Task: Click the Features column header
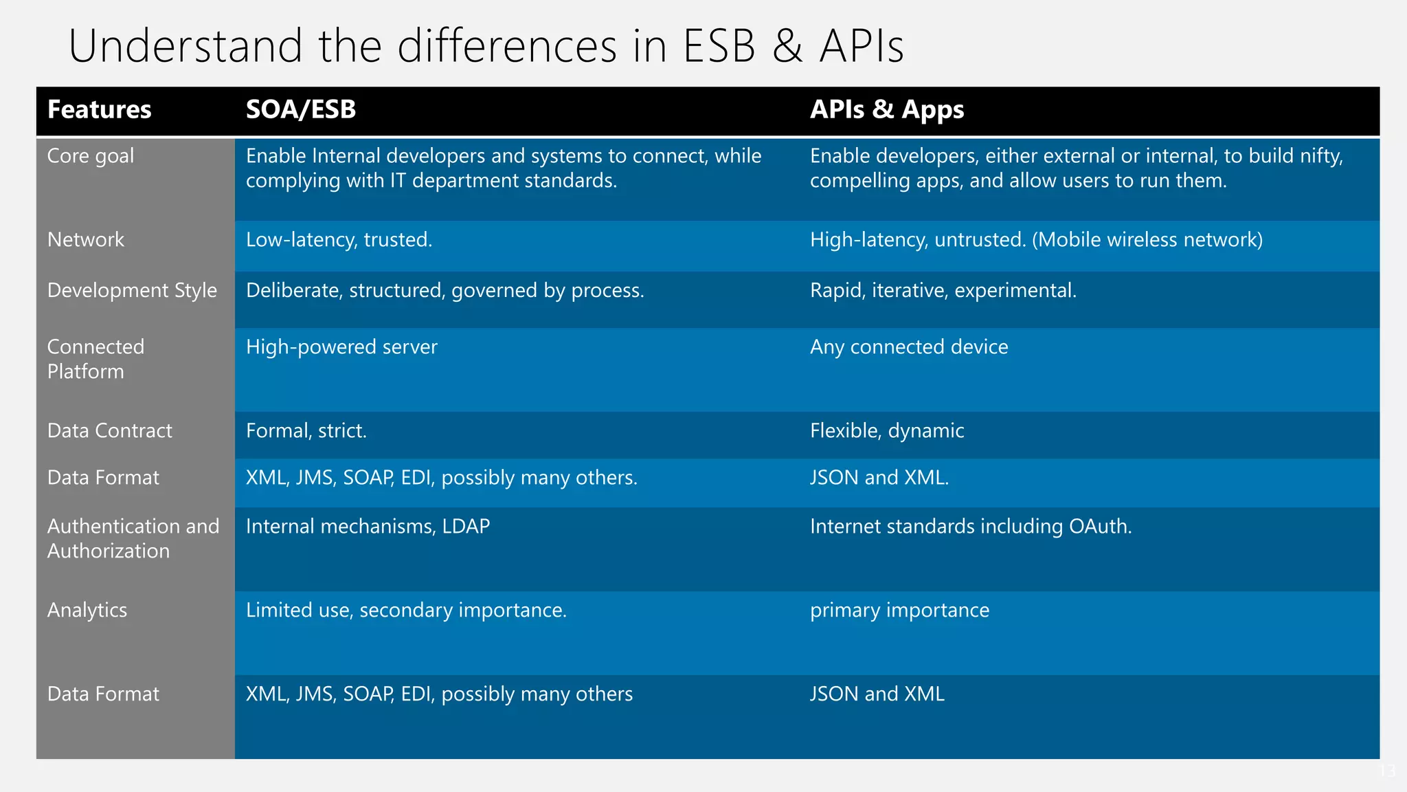tap(99, 110)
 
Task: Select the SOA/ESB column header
tap(301, 110)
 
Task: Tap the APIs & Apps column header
tap(886, 110)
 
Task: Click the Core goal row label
tap(91, 156)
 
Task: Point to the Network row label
tap(86, 240)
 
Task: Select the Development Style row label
tap(132, 291)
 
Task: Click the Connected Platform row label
tap(95, 359)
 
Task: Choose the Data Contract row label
tap(110, 431)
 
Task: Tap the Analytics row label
tap(87, 610)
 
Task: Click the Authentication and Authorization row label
tap(133, 538)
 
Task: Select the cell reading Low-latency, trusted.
tap(339, 240)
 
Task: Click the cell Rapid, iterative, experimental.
tap(943, 291)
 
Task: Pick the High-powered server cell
tap(341, 347)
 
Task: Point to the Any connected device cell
tap(908, 347)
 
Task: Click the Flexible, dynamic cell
tap(886, 431)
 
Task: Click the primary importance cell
tap(899, 610)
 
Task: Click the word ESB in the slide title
tap(719, 46)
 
